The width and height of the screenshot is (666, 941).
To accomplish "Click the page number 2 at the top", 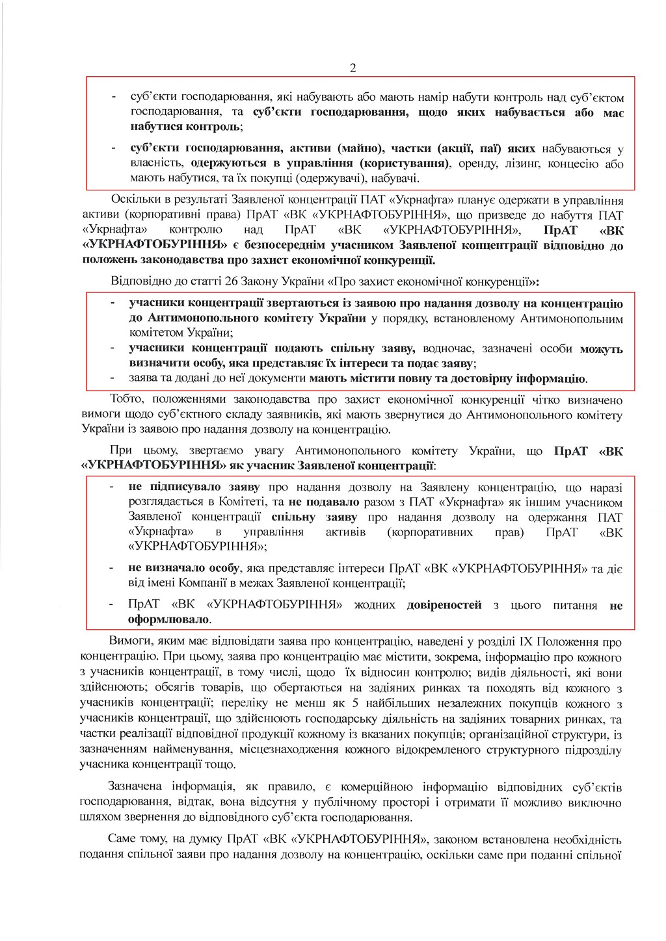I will (353, 68).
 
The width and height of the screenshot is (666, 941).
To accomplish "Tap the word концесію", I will (572, 163).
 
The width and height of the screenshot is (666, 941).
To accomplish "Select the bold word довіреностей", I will (444, 604).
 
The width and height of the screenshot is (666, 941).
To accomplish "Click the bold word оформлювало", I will (169, 619).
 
